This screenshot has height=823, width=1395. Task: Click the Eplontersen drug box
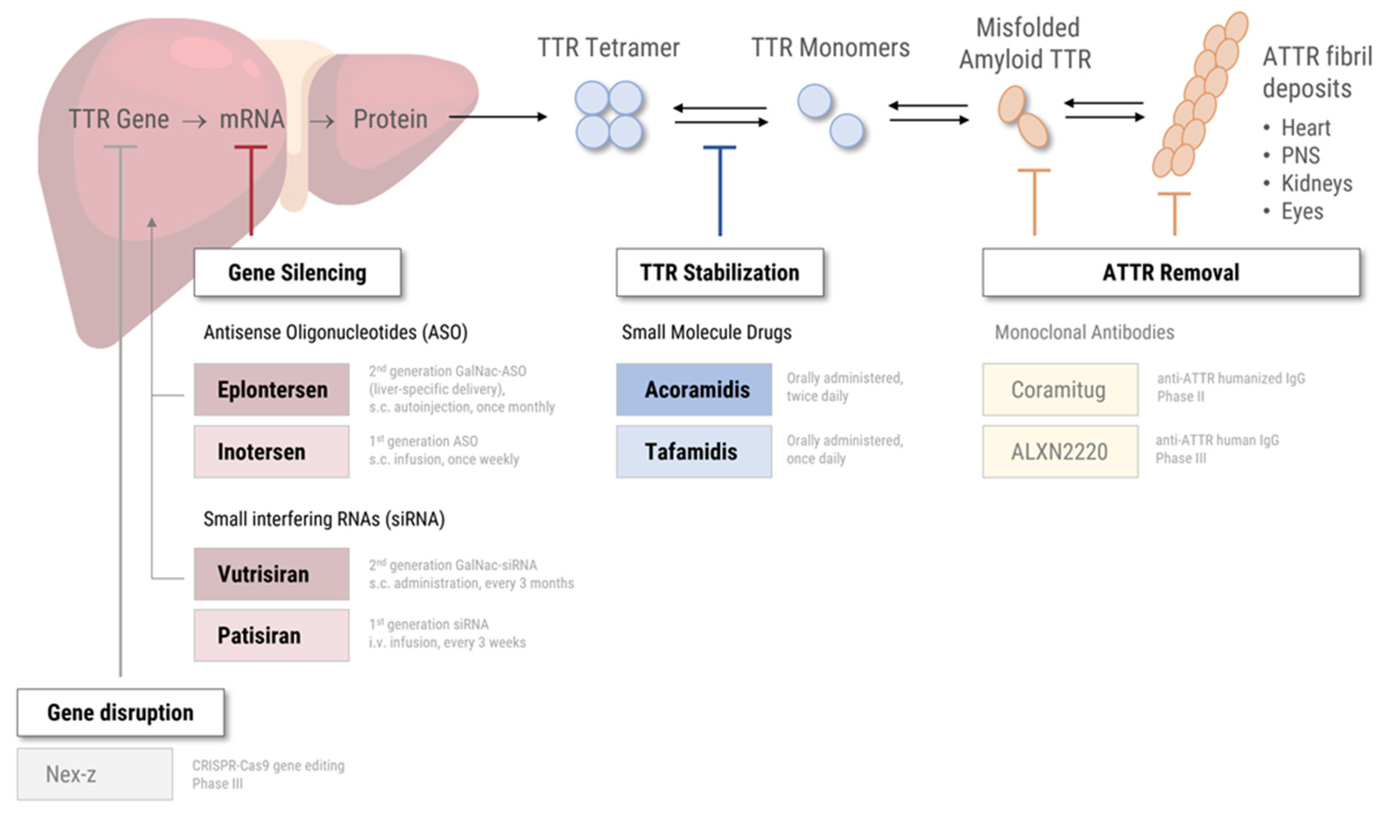point(272,389)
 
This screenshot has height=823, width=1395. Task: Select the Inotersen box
point(272,452)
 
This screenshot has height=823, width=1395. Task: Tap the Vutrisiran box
point(272,574)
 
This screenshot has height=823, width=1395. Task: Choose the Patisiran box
point(272,636)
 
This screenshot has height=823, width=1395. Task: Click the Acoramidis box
point(694,389)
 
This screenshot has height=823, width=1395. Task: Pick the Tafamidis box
point(694,452)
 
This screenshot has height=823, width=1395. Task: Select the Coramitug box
point(1061,389)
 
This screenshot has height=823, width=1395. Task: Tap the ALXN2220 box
point(1061,452)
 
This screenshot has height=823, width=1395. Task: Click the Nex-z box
point(95,774)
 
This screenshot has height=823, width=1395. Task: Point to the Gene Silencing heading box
point(298,272)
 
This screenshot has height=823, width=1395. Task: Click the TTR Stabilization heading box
point(720,272)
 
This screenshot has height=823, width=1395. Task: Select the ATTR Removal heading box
point(1171,272)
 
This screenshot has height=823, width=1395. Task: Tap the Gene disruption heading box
point(121,713)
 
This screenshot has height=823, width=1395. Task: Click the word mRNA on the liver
point(252,119)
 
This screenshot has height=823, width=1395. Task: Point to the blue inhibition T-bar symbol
point(720,189)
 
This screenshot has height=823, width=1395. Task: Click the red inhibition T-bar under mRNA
point(251,189)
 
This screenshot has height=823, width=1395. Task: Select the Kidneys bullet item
point(1316,183)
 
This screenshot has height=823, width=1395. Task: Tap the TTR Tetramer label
point(609,48)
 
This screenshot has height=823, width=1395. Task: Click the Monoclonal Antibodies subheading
point(1085,332)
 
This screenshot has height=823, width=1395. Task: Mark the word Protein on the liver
point(390,119)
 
